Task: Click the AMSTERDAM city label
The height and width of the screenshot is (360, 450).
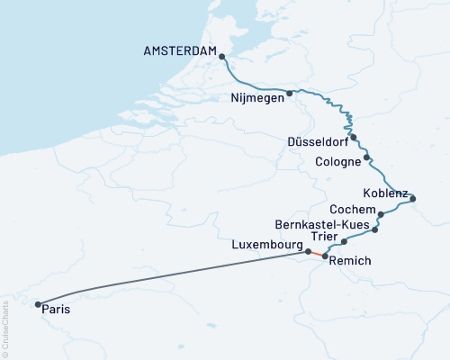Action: point(180,52)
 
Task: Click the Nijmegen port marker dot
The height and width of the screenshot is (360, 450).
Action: point(289,93)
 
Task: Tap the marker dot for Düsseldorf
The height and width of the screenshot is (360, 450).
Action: point(354,138)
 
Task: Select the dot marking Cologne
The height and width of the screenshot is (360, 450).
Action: point(367,160)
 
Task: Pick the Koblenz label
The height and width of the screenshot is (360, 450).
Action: point(385,193)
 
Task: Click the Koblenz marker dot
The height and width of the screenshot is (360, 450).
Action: point(409,199)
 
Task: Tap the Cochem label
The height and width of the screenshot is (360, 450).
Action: point(347,210)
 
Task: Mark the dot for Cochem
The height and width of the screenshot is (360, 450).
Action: point(382,214)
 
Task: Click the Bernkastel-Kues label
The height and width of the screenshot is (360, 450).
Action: point(319,223)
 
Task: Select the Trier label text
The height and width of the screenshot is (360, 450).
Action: point(324,236)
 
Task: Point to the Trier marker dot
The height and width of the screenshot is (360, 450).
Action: point(344,241)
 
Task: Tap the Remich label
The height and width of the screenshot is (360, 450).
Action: point(350,261)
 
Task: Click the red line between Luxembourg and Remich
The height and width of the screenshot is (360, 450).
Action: point(316,254)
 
